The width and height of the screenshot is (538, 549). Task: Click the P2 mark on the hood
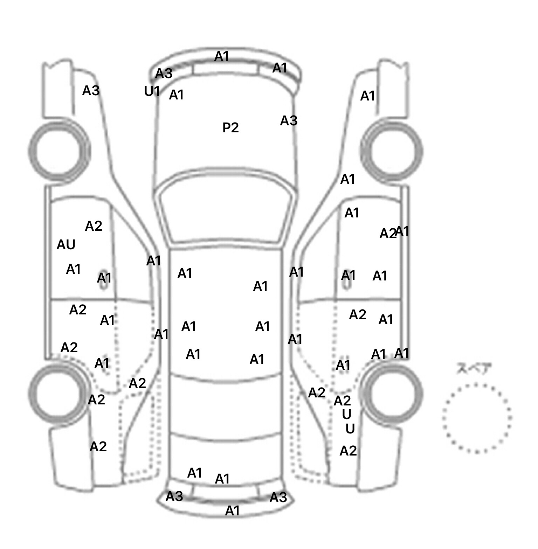[x=230, y=127]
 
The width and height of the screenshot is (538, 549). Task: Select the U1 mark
[x=152, y=91]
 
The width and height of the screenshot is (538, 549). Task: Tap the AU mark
[x=66, y=245]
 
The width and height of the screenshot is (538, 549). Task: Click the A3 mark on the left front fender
[x=91, y=91]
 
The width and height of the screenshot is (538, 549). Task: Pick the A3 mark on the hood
[x=289, y=121]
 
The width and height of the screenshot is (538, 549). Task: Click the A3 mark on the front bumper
[x=164, y=74]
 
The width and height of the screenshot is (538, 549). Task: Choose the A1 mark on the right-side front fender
[x=368, y=96]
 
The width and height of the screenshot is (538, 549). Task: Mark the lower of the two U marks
[x=350, y=429]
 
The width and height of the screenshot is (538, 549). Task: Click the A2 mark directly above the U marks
[x=342, y=401]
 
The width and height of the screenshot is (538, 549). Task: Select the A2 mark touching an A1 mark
[x=388, y=234]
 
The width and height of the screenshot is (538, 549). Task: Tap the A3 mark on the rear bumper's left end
[x=174, y=496]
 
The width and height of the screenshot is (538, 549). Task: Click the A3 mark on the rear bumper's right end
[x=278, y=498]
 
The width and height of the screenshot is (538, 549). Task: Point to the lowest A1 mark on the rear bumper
[x=233, y=511]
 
